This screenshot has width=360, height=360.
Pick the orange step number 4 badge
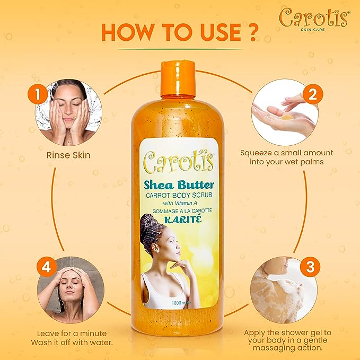click(46, 267)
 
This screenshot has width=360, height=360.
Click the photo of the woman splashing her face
click(67, 111)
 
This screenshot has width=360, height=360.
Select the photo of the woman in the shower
click(67, 289)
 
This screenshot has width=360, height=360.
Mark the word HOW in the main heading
click(127, 32)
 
